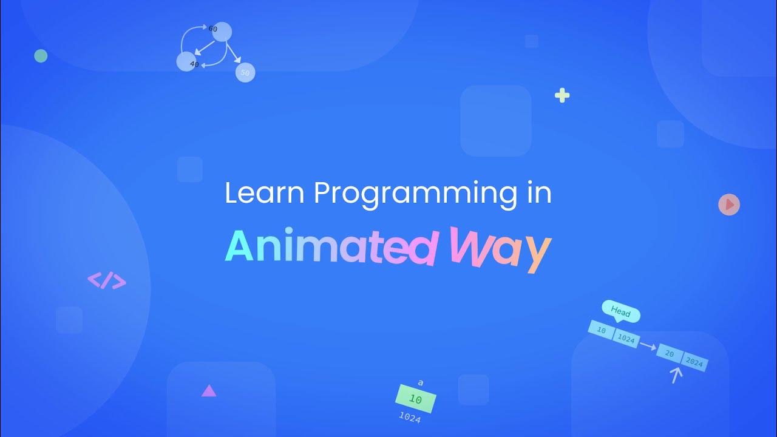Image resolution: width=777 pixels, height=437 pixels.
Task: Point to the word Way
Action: pos(500,248)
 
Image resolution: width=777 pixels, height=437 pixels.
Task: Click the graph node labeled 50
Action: pos(245,72)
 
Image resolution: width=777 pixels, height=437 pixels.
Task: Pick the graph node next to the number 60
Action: pos(223,32)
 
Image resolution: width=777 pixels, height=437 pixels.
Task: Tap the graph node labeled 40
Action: pos(186,61)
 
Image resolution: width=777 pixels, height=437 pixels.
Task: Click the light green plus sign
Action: pos(562,95)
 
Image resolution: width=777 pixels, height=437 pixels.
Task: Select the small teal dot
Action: pos(41,56)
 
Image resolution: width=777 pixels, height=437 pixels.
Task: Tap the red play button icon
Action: pos(729,205)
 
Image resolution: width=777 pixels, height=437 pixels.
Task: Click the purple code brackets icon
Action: pos(107,280)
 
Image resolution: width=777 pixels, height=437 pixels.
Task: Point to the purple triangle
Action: pos(209,391)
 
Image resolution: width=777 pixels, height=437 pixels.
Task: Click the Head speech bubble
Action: pos(620,312)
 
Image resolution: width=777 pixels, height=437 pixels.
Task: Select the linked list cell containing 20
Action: pos(670,354)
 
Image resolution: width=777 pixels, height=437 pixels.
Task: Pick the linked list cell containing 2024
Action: pos(694,362)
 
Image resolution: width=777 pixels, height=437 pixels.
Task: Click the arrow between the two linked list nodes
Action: pos(648,346)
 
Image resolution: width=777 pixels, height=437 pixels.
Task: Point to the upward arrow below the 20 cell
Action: pos(676,375)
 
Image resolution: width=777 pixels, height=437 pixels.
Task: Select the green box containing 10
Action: pos(416,399)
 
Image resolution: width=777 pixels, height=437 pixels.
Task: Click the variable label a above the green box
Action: pos(420,382)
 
